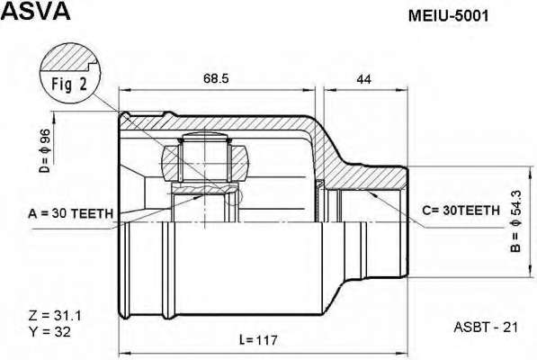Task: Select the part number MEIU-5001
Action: (448, 15)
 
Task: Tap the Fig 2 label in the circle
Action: (69, 84)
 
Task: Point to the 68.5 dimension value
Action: (216, 78)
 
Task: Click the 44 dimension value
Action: (363, 79)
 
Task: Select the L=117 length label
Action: (258, 340)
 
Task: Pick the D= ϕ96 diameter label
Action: (45, 150)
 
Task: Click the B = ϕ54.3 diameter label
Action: (515, 221)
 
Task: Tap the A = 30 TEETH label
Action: (70, 213)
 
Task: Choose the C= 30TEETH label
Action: (461, 210)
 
